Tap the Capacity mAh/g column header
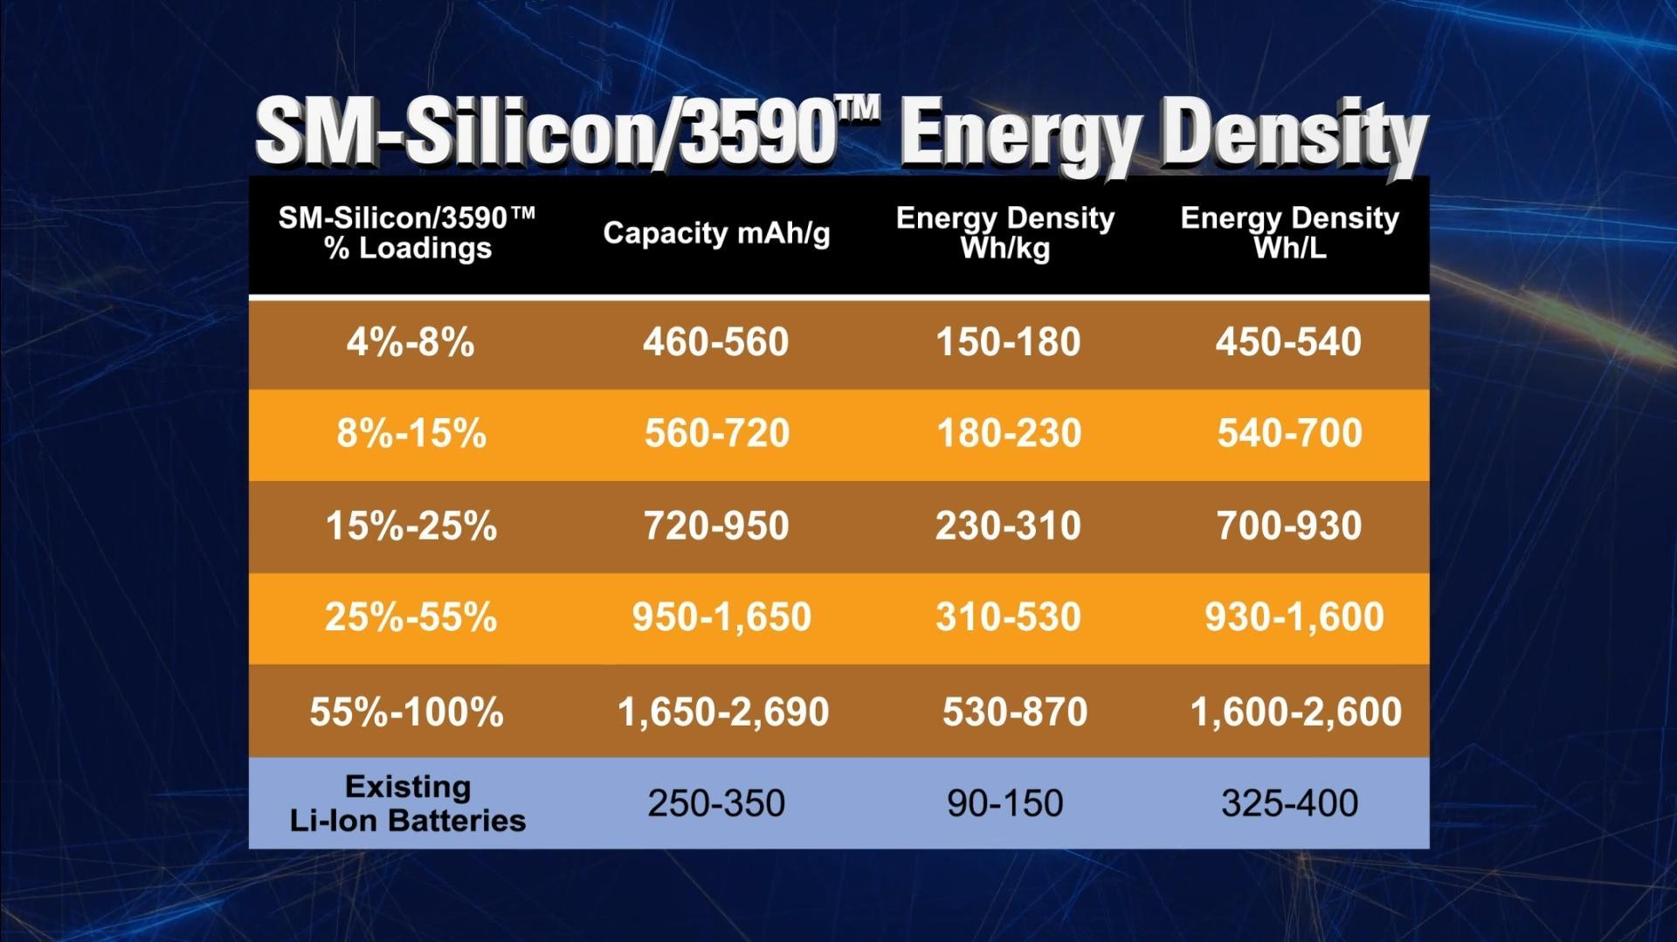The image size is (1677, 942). pyautogui.click(x=716, y=233)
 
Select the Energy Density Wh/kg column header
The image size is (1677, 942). pyautogui.click(x=1005, y=233)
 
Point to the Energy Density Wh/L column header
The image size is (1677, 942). pyautogui.click(x=1289, y=233)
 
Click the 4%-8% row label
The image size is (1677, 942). pyautogui.click(x=411, y=342)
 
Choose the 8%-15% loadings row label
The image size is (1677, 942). pyautogui.click(x=411, y=434)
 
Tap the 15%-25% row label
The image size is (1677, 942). pyautogui.click(x=411, y=526)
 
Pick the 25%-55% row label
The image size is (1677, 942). pyautogui.click(x=411, y=618)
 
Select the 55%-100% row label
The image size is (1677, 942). pyautogui.click(x=407, y=712)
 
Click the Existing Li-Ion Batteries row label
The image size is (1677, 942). pyautogui.click(x=408, y=803)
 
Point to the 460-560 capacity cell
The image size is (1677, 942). pyautogui.click(x=716, y=342)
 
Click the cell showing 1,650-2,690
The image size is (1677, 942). pyautogui.click(x=723, y=712)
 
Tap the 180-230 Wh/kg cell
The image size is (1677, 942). pyautogui.click(x=1009, y=434)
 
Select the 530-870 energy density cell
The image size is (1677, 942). pyautogui.click(x=1015, y=712)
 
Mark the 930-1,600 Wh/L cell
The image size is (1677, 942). pyautogui.click(x=1294, y=618)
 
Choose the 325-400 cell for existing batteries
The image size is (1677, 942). pyautogui.click(x=1289, y=803)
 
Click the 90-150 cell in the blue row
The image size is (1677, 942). pyautogui.click(x=1005, y=803)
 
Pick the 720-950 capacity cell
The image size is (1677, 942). pyautogui.click(x=716, y=526)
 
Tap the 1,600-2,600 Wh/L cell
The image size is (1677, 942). pyautogui.click(x=1296, y=712)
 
